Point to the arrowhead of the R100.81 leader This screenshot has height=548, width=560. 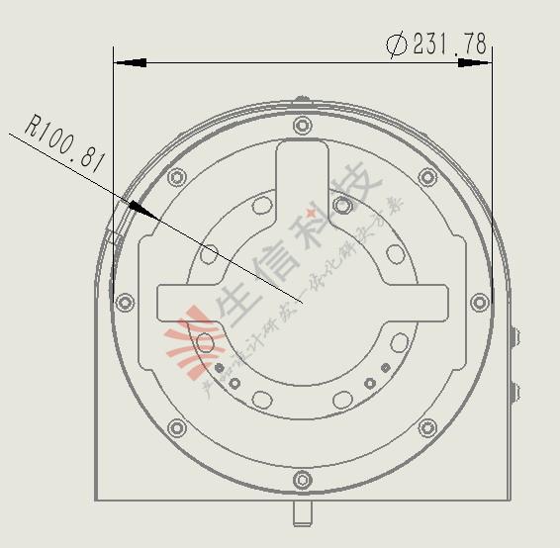point(138,208)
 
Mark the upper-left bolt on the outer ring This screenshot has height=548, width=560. point(177,178)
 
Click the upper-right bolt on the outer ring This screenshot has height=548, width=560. point(427,177)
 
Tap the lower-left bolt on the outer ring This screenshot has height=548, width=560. point(177,428)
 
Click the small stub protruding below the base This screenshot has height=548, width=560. point(302,513)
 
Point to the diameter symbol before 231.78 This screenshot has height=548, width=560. point(397,45)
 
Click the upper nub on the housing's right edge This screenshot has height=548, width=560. point(513,337)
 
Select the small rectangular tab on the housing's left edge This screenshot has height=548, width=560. point(113,237)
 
